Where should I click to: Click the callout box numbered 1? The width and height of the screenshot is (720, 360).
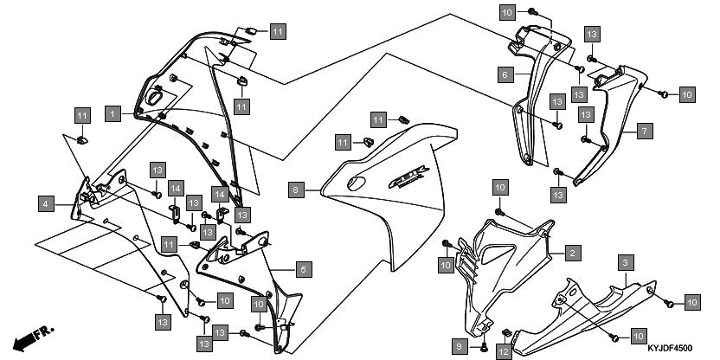point(112,112)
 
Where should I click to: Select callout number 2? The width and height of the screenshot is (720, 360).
point(572,253)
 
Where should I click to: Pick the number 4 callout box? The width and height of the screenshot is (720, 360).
point(44,204)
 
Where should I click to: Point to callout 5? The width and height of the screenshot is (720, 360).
point(302,269)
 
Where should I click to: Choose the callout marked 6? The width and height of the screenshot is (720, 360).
point(503,74)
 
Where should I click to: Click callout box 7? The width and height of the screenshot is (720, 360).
point(644,132)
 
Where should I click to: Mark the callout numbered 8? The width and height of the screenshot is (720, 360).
point(295,188)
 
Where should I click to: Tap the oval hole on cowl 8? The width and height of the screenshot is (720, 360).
point(354,184)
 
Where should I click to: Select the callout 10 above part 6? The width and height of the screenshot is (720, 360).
point(507,11)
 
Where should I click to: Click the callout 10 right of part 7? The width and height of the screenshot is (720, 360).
point(686,93)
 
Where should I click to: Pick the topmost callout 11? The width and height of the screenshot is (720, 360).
point(276,32)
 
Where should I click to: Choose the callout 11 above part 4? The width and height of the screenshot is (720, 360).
point(81,115)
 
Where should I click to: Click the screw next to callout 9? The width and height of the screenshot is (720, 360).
point(484,346)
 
